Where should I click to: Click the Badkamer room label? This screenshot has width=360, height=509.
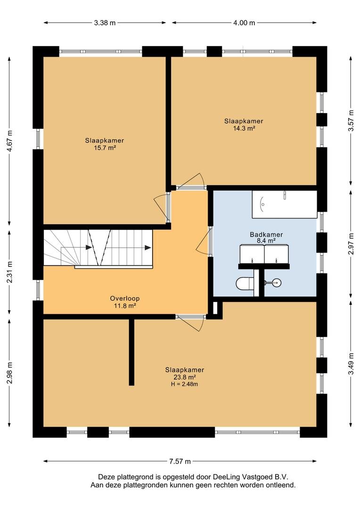(266, 234)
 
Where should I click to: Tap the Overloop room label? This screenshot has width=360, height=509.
(125, 298)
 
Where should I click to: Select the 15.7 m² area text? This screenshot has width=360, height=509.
(105, 148)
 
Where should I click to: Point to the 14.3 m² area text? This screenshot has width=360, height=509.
(244, 128)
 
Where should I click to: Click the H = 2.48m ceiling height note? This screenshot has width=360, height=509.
(184, 385)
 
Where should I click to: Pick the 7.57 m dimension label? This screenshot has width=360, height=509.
(180, 461)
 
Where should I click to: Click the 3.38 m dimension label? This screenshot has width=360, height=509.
(105, 23)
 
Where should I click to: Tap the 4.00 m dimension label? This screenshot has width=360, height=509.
(244, 23)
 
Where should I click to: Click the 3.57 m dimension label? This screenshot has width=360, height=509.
(351, 121)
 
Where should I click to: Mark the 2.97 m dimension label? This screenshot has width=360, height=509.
(351, 244)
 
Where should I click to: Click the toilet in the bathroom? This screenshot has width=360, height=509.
(245, 283)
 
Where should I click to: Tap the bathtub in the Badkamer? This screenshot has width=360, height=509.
(284, 205)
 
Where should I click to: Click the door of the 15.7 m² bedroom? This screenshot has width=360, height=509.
(162, 208)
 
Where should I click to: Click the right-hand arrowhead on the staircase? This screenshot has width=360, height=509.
(148, 248)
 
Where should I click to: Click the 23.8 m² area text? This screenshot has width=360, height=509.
(184, 377)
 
